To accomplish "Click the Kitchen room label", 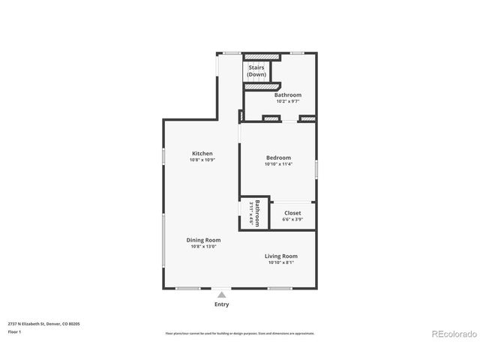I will pyautogui.click(x=202, y=154).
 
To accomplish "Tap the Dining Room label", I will pyautogui.click(x=204, y=240).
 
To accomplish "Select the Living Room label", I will pyautogui.click(x=281, y=256).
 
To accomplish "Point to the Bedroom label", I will pyautogui.click(x=278, y=157).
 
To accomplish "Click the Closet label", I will pyautogui.click(x=292, y=213).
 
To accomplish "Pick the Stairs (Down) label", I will pyautogui.click(x=256, y=71).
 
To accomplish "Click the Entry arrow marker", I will pyautogui.click(x=222, y=295).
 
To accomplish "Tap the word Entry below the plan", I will pyautogui.click(x=222, y=304).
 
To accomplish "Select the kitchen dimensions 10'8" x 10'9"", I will pyautogui.click(x=202, y=160).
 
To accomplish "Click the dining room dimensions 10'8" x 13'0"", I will pyautogui.click(x=204, y=247).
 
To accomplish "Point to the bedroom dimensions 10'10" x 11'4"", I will pyautogui.click(x=278, y=164).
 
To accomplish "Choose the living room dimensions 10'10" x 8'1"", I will pyautogui.click(x=281, y=262).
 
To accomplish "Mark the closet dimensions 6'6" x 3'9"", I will pyautogui.click(x=292, y=220).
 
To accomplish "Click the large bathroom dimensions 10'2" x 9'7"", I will pyautogui.click(x=288, y=101).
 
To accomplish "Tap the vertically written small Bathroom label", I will pyautogui.click(x=256, y=213).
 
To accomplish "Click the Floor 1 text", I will pyautogui.click(x=14, y=331).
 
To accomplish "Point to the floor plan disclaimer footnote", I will pyautogui.click(x=240, y=333).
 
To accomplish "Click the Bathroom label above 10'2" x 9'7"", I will pyautogui.click(x=288, y=95).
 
